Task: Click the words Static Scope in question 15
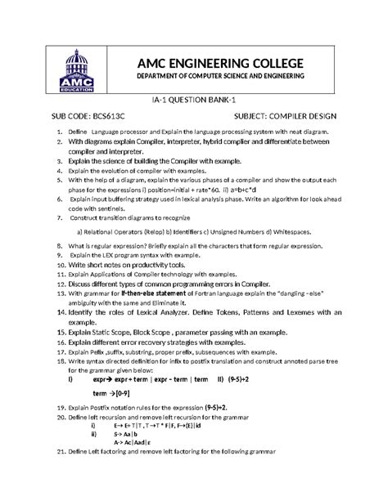pyautogui.click(x=114, y=333)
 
